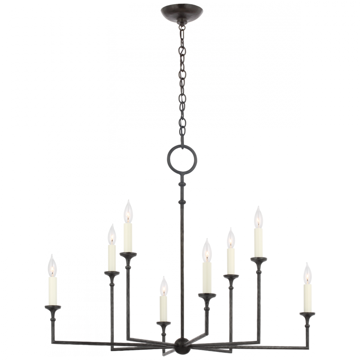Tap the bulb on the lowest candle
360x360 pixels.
coord(164,289)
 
